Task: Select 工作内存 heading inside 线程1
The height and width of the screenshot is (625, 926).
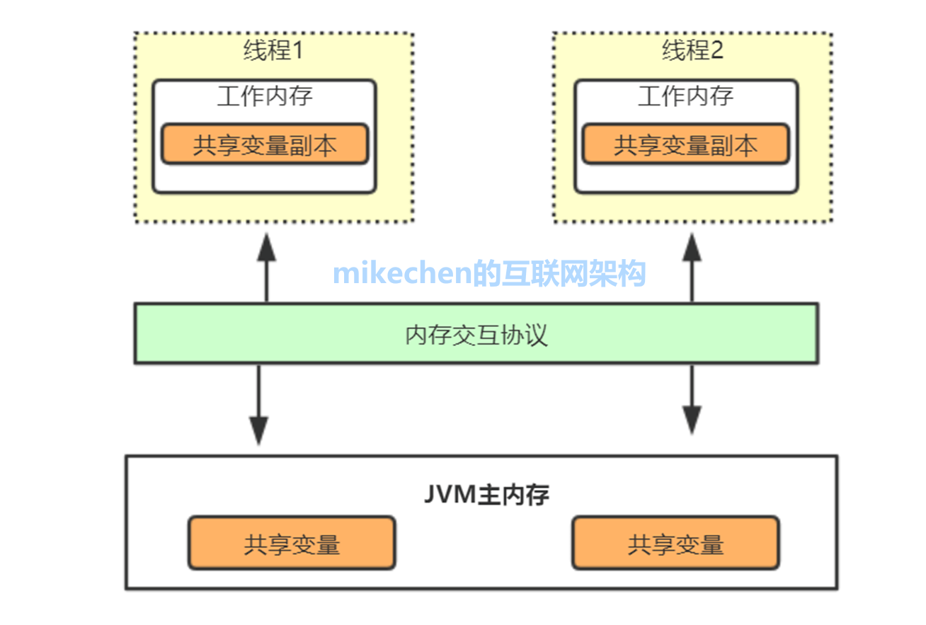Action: pyautogui.click(x=264, y=96)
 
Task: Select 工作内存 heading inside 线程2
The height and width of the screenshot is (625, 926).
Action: pyautogui.click(x=685, y=96)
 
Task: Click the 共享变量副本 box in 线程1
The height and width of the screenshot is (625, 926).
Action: pyautogui.click(x=264, y=144)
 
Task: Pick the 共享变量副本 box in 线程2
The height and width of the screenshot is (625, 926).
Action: pyautogui.click(x=685, y=144)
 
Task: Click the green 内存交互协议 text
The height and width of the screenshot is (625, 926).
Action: pyautogui.click(x=476, y=334)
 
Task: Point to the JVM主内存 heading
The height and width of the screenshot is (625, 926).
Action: pyautogui.click(x=486, y=495)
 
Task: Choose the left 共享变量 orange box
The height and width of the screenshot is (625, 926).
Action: pyautogui.click(x=292, y=544)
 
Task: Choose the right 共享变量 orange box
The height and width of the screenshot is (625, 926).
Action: pyautogui.click(x=675, y=544)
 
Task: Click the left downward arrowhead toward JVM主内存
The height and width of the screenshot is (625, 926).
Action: pyautogui.click(x=259, y=429)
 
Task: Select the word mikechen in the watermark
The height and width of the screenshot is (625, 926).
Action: pyautogui.click(x=402, y=273)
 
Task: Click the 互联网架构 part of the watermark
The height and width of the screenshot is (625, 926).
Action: pyautogui.click(x=573, y=273)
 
